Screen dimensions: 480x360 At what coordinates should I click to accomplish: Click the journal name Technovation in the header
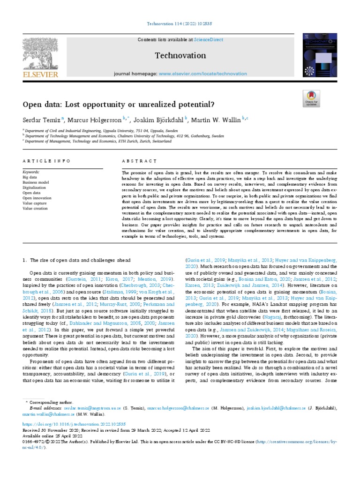tap(180, 56)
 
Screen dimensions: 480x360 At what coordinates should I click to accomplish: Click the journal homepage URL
tap(202, 74)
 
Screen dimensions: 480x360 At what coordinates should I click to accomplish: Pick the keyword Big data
tap(30, 178)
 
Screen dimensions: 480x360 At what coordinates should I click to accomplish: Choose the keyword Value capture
tap(34, 203)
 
